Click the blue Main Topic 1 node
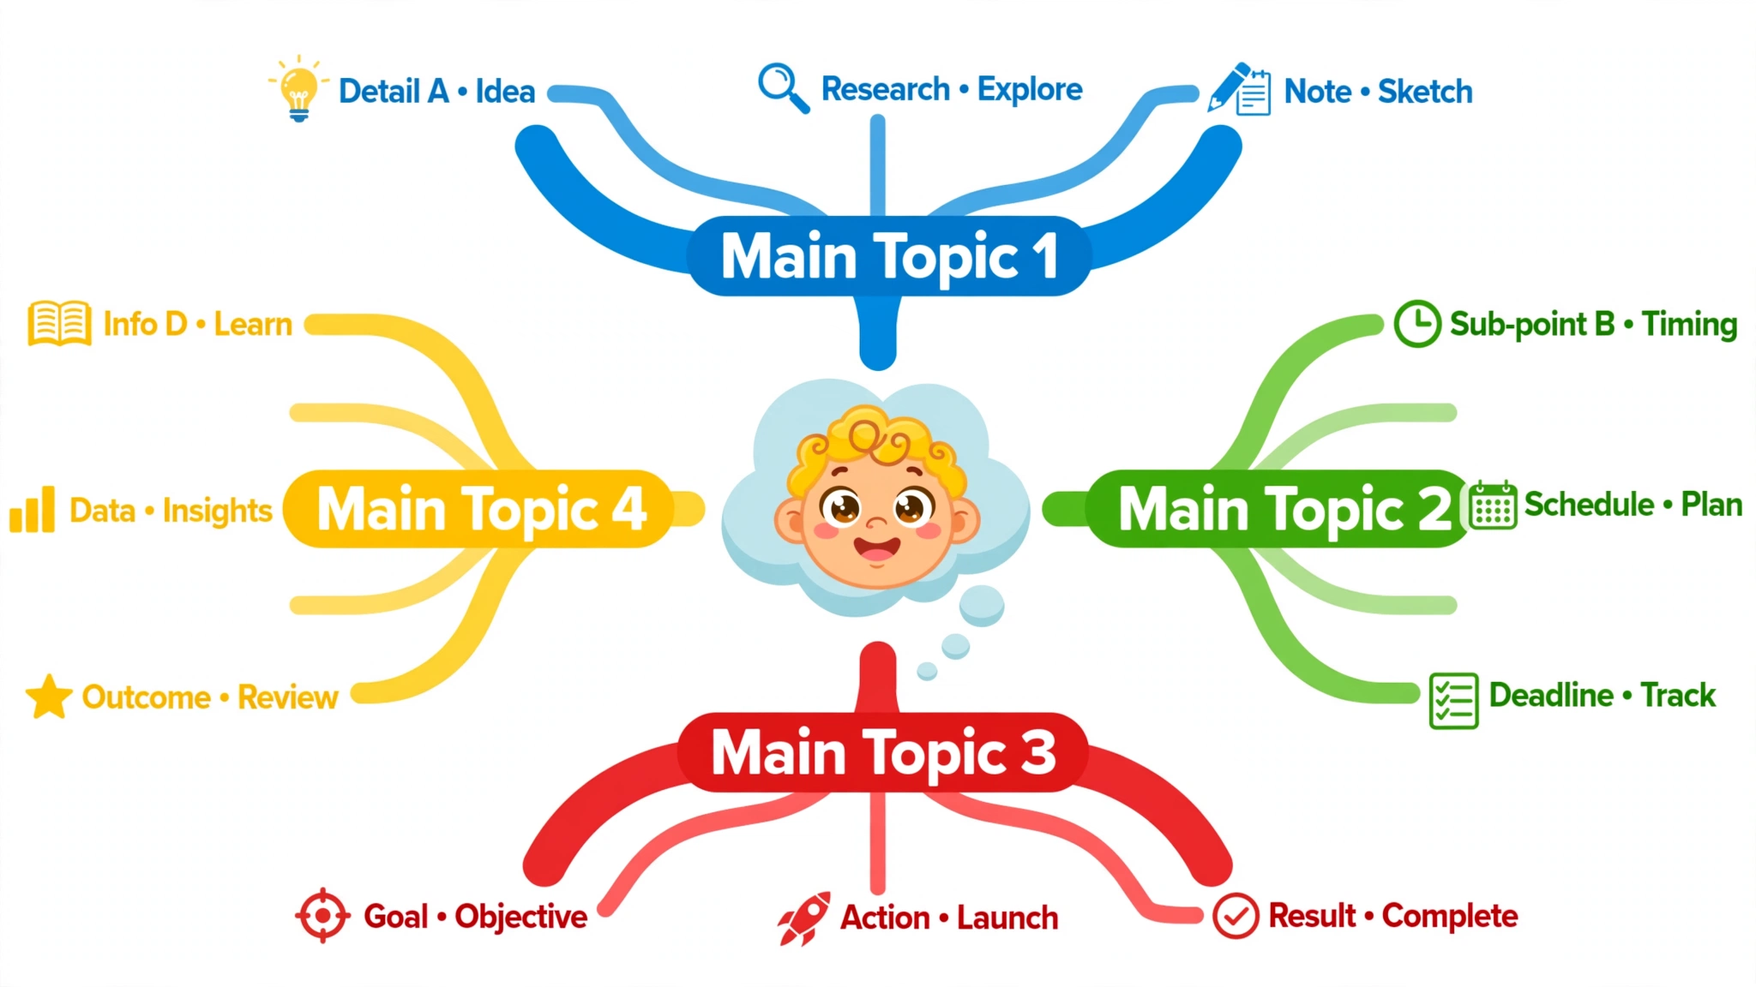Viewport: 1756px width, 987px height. coord(889,256)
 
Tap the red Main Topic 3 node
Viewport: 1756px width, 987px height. coord(882,752)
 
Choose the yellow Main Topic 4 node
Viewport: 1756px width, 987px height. coord(478,509)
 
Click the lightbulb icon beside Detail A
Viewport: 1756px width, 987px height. coord(298,89)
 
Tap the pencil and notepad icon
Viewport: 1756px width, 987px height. coord(1239,88)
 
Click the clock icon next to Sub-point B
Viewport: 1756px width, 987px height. coord(1417,324)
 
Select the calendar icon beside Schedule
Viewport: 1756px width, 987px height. coord(1493,505)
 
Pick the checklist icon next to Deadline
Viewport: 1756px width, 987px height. coord(1454,700)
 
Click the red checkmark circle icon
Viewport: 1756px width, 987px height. coord(1236,916)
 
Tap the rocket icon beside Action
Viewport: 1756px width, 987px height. coord(804,918)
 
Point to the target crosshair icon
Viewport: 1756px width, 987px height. coord(322,916)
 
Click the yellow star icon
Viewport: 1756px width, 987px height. coord(49,697)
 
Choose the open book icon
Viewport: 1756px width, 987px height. coord(59,323)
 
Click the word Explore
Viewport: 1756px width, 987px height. coord(1030,90)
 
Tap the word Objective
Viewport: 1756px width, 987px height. coord(521,918)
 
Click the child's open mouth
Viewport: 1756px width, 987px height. coord(876,548)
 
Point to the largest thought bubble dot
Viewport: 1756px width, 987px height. coord(982,606)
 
